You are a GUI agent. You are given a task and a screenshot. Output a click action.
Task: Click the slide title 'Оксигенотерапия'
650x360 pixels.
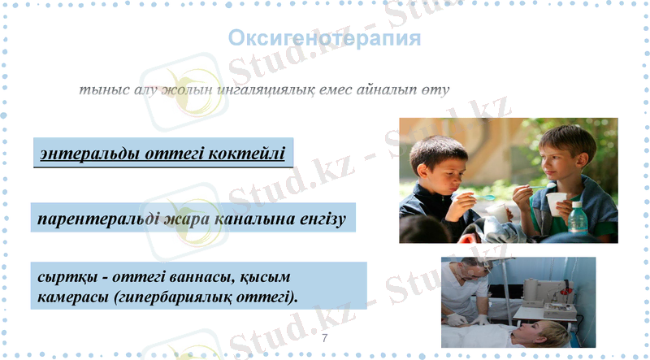[x=324, y=38]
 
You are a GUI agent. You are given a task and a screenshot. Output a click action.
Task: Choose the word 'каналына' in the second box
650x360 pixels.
[x=246, y=219]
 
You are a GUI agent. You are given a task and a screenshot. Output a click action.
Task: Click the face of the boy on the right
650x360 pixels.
[x=553, y=158]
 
